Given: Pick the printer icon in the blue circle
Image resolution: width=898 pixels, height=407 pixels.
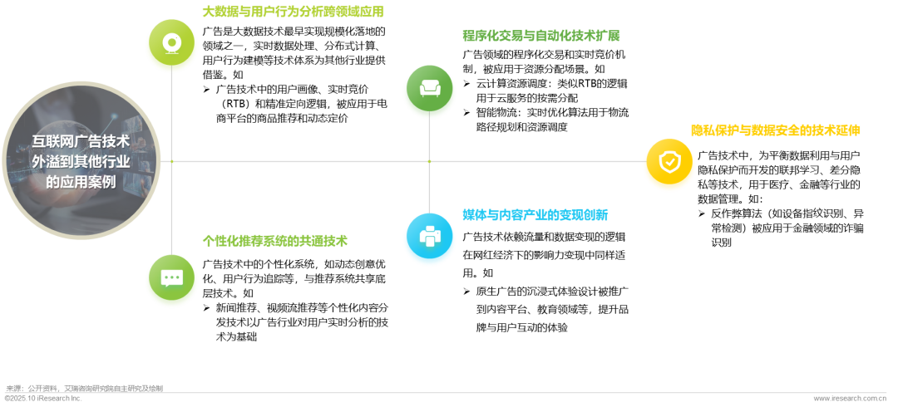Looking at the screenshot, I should pos(429,239).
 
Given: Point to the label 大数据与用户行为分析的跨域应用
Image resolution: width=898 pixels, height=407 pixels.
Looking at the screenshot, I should pos(293,12).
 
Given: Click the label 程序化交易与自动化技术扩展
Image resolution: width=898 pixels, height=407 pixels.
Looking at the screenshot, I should pos(540,36).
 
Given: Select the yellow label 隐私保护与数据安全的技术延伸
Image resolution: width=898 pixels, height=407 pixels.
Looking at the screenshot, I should pos(775,130).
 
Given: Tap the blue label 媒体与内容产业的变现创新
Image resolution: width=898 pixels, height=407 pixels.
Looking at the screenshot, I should pos(535,214).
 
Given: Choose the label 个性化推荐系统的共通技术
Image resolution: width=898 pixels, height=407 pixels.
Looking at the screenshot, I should pos(274,241).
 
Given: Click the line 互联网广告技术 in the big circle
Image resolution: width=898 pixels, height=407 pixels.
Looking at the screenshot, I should pos(81,141).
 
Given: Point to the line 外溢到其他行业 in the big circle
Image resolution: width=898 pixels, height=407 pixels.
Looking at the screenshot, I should pos(81,161).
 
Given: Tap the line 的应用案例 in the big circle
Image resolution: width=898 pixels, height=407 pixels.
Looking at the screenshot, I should pos(81,181).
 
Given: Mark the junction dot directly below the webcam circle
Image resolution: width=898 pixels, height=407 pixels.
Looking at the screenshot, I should pos(171,161).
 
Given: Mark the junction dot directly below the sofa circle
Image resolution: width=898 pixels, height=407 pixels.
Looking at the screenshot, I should pos(429,161).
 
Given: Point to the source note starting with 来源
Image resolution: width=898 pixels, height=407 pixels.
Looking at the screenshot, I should pos(84,388).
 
